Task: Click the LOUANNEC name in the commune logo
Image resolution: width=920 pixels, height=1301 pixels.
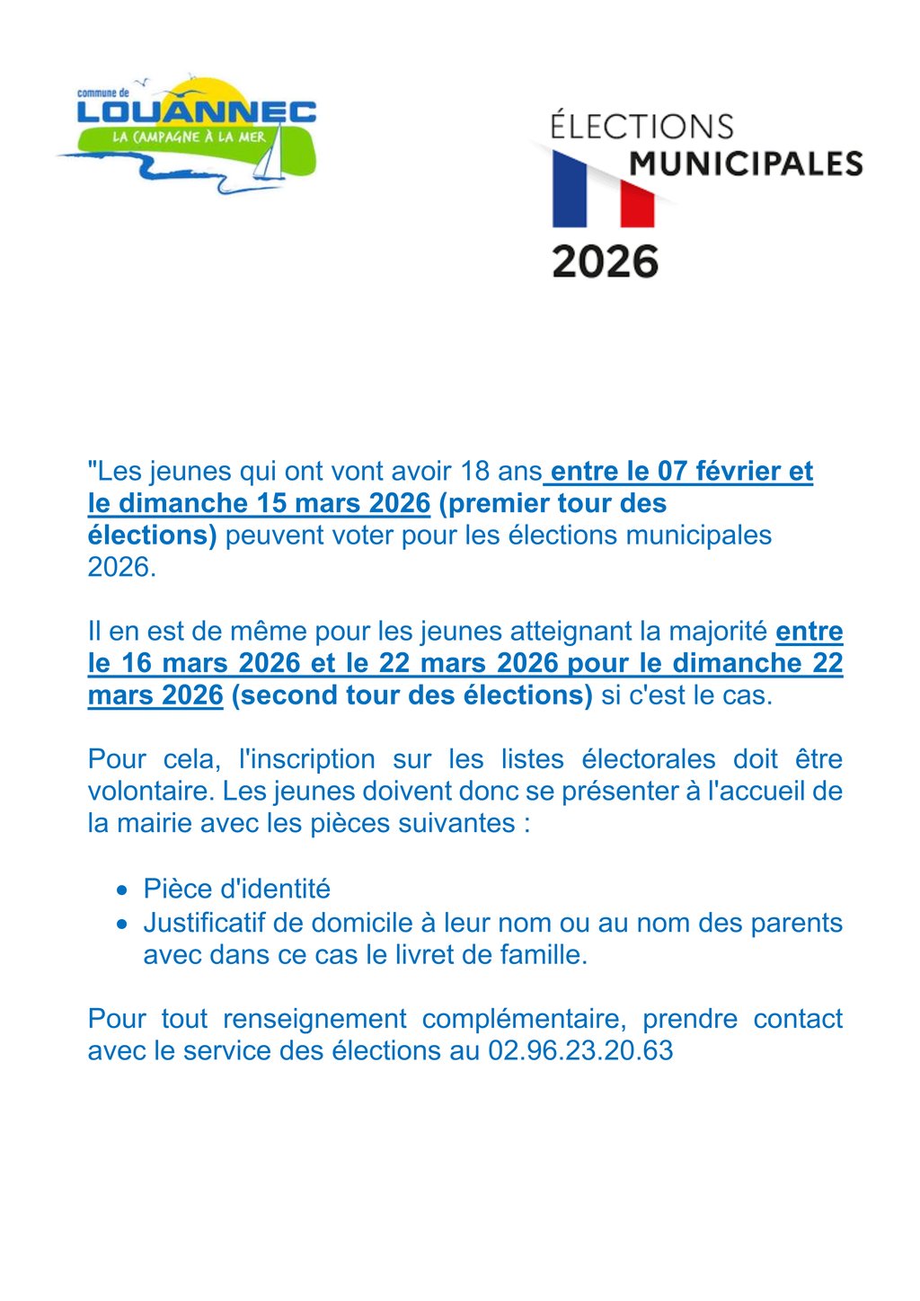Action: pyautogui.click(x=196, y=111)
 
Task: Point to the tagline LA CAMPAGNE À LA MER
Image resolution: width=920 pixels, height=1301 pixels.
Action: pyautogui.click(x=189, y=137)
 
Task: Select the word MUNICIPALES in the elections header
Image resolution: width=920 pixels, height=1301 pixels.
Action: pyautogui.click(x=746, y=164)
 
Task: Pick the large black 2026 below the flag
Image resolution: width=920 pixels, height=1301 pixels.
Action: pyautogui.click(x=606, y=261)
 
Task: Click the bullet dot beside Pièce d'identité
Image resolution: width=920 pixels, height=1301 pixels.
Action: pyautogui.click(x=122, y=890)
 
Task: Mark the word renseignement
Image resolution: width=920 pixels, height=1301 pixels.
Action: pyautogui.click(x=314, y=1019)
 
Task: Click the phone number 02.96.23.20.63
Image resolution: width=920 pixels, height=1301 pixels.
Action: pyautogui.click(x=580, y=1050)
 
